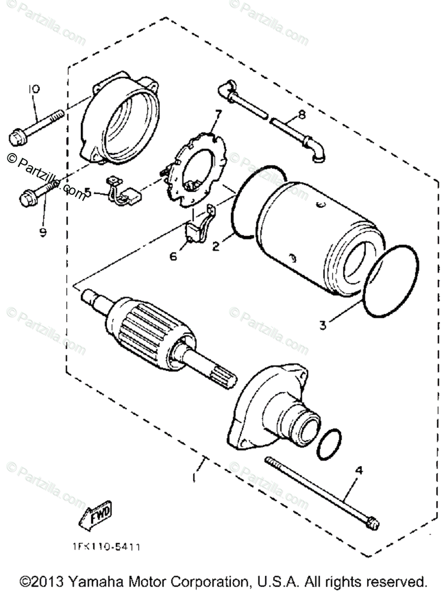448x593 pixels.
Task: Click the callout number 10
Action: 34,89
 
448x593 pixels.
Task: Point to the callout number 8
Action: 301,115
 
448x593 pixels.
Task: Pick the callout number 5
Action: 88,191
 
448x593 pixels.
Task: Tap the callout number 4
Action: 359,471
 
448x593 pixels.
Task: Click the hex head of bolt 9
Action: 27,199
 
